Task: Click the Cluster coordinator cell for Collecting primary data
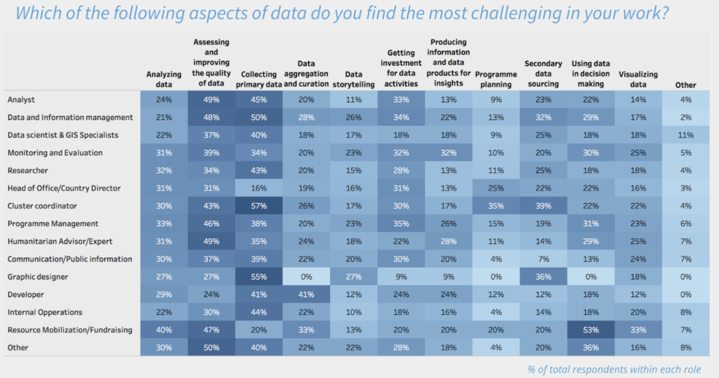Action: click(x=258, y=206)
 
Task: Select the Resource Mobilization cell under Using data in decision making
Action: click(x=591, y=330)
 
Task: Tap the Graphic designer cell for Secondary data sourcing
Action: click(x=543, y=277)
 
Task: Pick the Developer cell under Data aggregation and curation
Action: click(x=306, y=294)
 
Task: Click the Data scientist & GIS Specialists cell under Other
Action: click(x=685, y=135)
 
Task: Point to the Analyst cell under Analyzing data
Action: click(x=164, y=99)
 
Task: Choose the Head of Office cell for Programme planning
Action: click(x=496, y=188)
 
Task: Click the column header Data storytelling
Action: click(x=354, y=79)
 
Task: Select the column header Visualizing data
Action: click(x=638, y=79)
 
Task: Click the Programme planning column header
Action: click(x=496, y=79)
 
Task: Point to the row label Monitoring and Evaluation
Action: click(x=55, y=152)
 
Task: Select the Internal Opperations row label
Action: click(x=45, y=312)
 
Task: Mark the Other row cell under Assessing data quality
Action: click(x=211, y=347)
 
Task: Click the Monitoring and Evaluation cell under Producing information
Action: click(x=449, y=152)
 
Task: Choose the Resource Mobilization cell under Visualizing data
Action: click(x=638, y=330)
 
